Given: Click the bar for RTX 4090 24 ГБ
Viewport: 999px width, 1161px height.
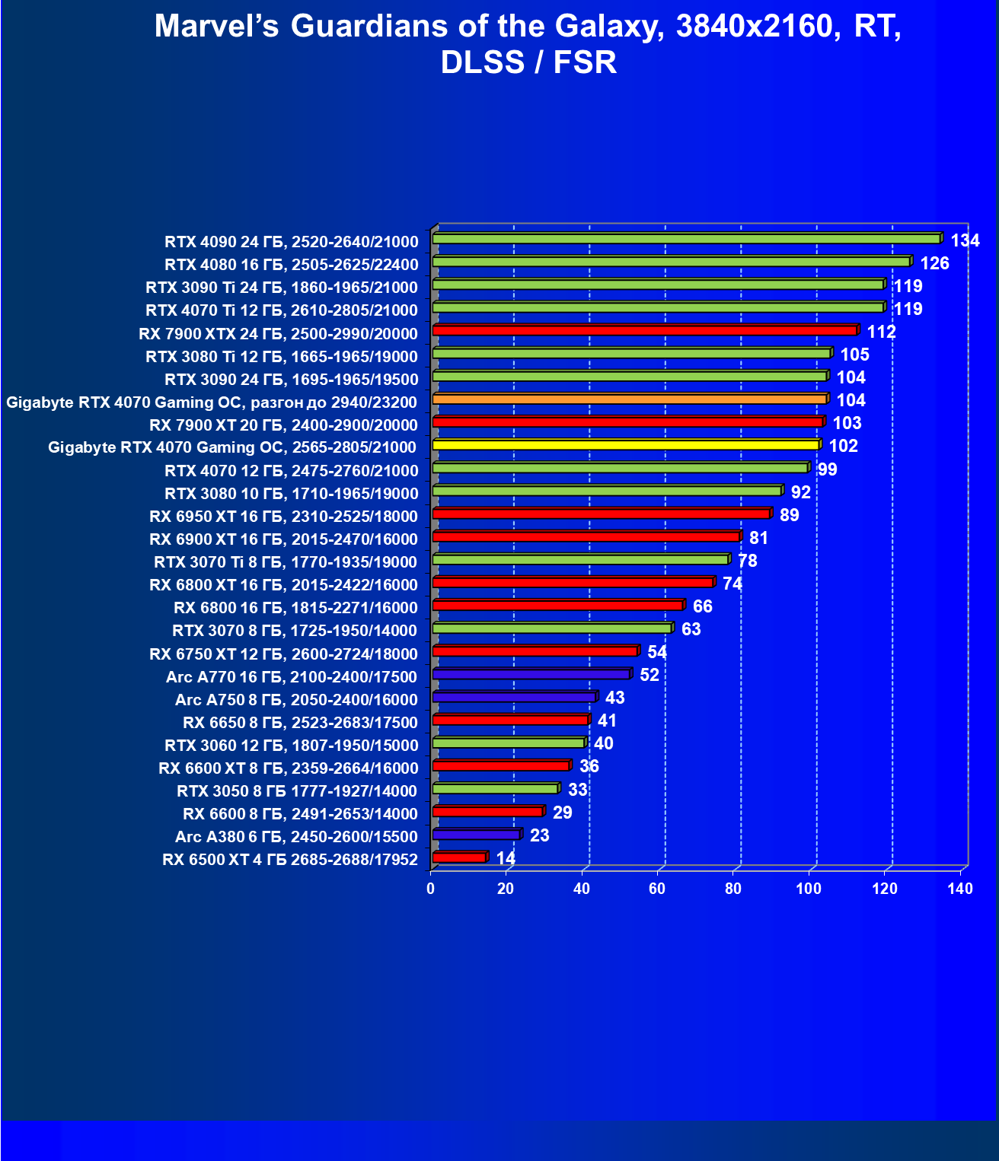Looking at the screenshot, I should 685,239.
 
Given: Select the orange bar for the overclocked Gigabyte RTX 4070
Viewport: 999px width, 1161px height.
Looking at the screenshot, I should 629,399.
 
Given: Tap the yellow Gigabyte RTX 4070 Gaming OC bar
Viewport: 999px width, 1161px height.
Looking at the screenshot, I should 625,444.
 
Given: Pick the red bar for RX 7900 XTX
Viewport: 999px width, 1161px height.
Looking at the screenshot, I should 644,330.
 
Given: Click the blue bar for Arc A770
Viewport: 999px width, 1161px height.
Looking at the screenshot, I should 531,674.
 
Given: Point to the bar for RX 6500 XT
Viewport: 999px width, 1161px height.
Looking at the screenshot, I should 459,857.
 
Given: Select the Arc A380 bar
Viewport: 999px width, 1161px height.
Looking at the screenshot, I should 476,835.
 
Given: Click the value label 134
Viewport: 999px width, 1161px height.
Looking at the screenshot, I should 965,241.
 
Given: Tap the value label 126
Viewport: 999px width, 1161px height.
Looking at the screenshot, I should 935,264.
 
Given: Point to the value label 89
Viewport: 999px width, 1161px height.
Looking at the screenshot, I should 790,515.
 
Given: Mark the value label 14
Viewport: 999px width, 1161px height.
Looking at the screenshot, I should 506,858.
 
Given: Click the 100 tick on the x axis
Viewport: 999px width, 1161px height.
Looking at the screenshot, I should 809,889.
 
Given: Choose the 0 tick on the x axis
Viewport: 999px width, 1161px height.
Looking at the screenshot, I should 431,889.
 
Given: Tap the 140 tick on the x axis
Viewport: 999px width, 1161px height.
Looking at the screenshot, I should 960,889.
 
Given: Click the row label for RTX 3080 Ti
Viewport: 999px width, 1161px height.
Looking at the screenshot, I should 282,356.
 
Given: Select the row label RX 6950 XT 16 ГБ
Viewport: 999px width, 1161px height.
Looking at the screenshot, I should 283,517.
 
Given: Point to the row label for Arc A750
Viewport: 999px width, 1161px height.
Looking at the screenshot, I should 296,699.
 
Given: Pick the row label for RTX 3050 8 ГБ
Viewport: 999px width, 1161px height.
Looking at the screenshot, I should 297,790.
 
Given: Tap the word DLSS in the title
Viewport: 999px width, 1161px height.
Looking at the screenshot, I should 483,62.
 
